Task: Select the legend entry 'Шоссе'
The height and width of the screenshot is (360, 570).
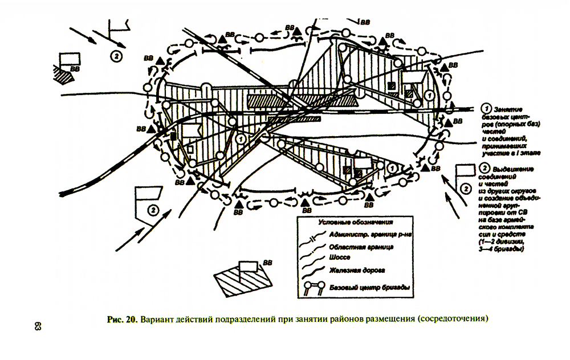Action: [x=339, y=257]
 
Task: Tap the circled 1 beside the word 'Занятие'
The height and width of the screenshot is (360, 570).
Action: [x=486, y=108]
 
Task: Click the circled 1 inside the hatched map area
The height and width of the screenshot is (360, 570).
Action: [x=241, y=138]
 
